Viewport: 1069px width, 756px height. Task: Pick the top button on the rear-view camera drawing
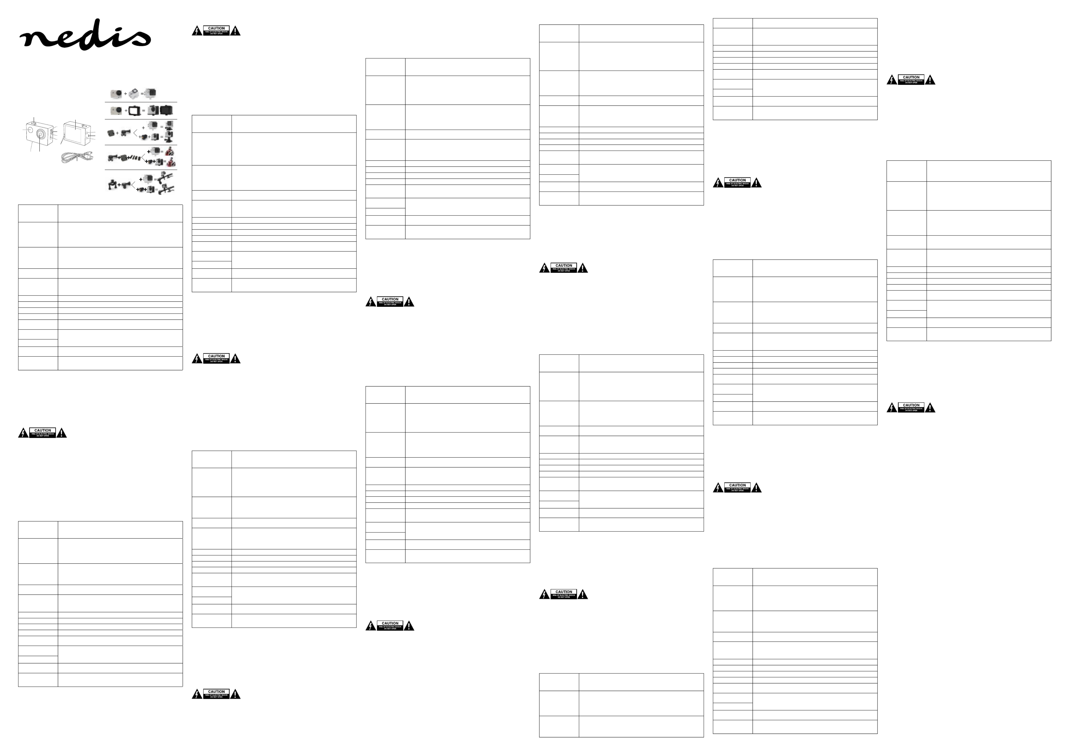pos(84,126)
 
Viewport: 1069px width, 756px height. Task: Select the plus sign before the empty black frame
pos(126,111)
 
